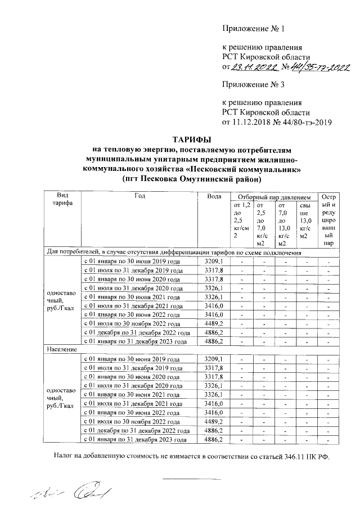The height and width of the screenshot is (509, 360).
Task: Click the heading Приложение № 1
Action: tap(254, 28)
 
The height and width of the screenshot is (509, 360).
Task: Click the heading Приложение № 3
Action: tap(254, 85)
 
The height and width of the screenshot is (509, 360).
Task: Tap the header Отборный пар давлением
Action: tap(273, 198)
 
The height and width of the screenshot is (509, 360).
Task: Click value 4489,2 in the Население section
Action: tap(214, 421)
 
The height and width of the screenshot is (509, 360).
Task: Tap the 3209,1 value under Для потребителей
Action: tap(214, 262)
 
